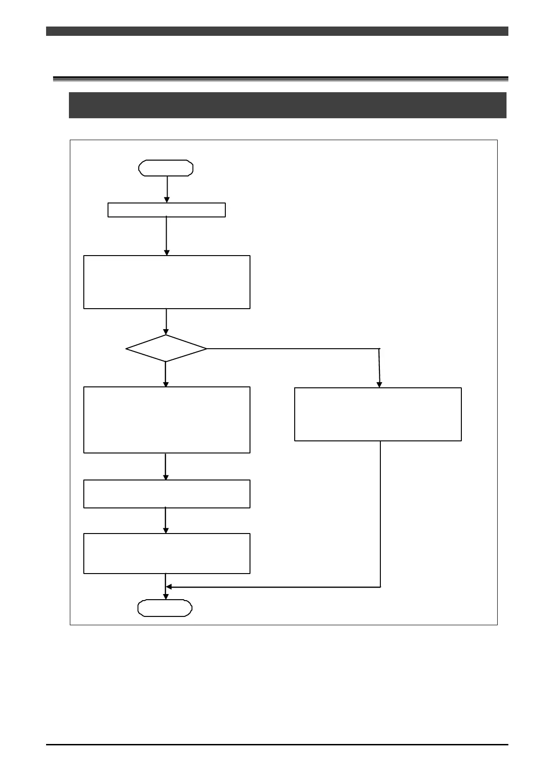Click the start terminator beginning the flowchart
166,168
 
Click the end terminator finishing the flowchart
165,608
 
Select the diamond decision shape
166,348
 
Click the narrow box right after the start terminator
167,210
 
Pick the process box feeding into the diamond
167,282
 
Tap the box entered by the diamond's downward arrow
167,419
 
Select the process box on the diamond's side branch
378,414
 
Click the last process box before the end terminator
167,554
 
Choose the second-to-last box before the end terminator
167,493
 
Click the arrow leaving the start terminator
167,189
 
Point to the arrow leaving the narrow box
166,235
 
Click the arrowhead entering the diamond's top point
166,331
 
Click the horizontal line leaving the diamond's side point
293,348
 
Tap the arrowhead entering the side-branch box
379,385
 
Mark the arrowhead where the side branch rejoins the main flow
169,587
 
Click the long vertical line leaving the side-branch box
380,512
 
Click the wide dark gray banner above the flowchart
287,105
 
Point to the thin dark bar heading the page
277,31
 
